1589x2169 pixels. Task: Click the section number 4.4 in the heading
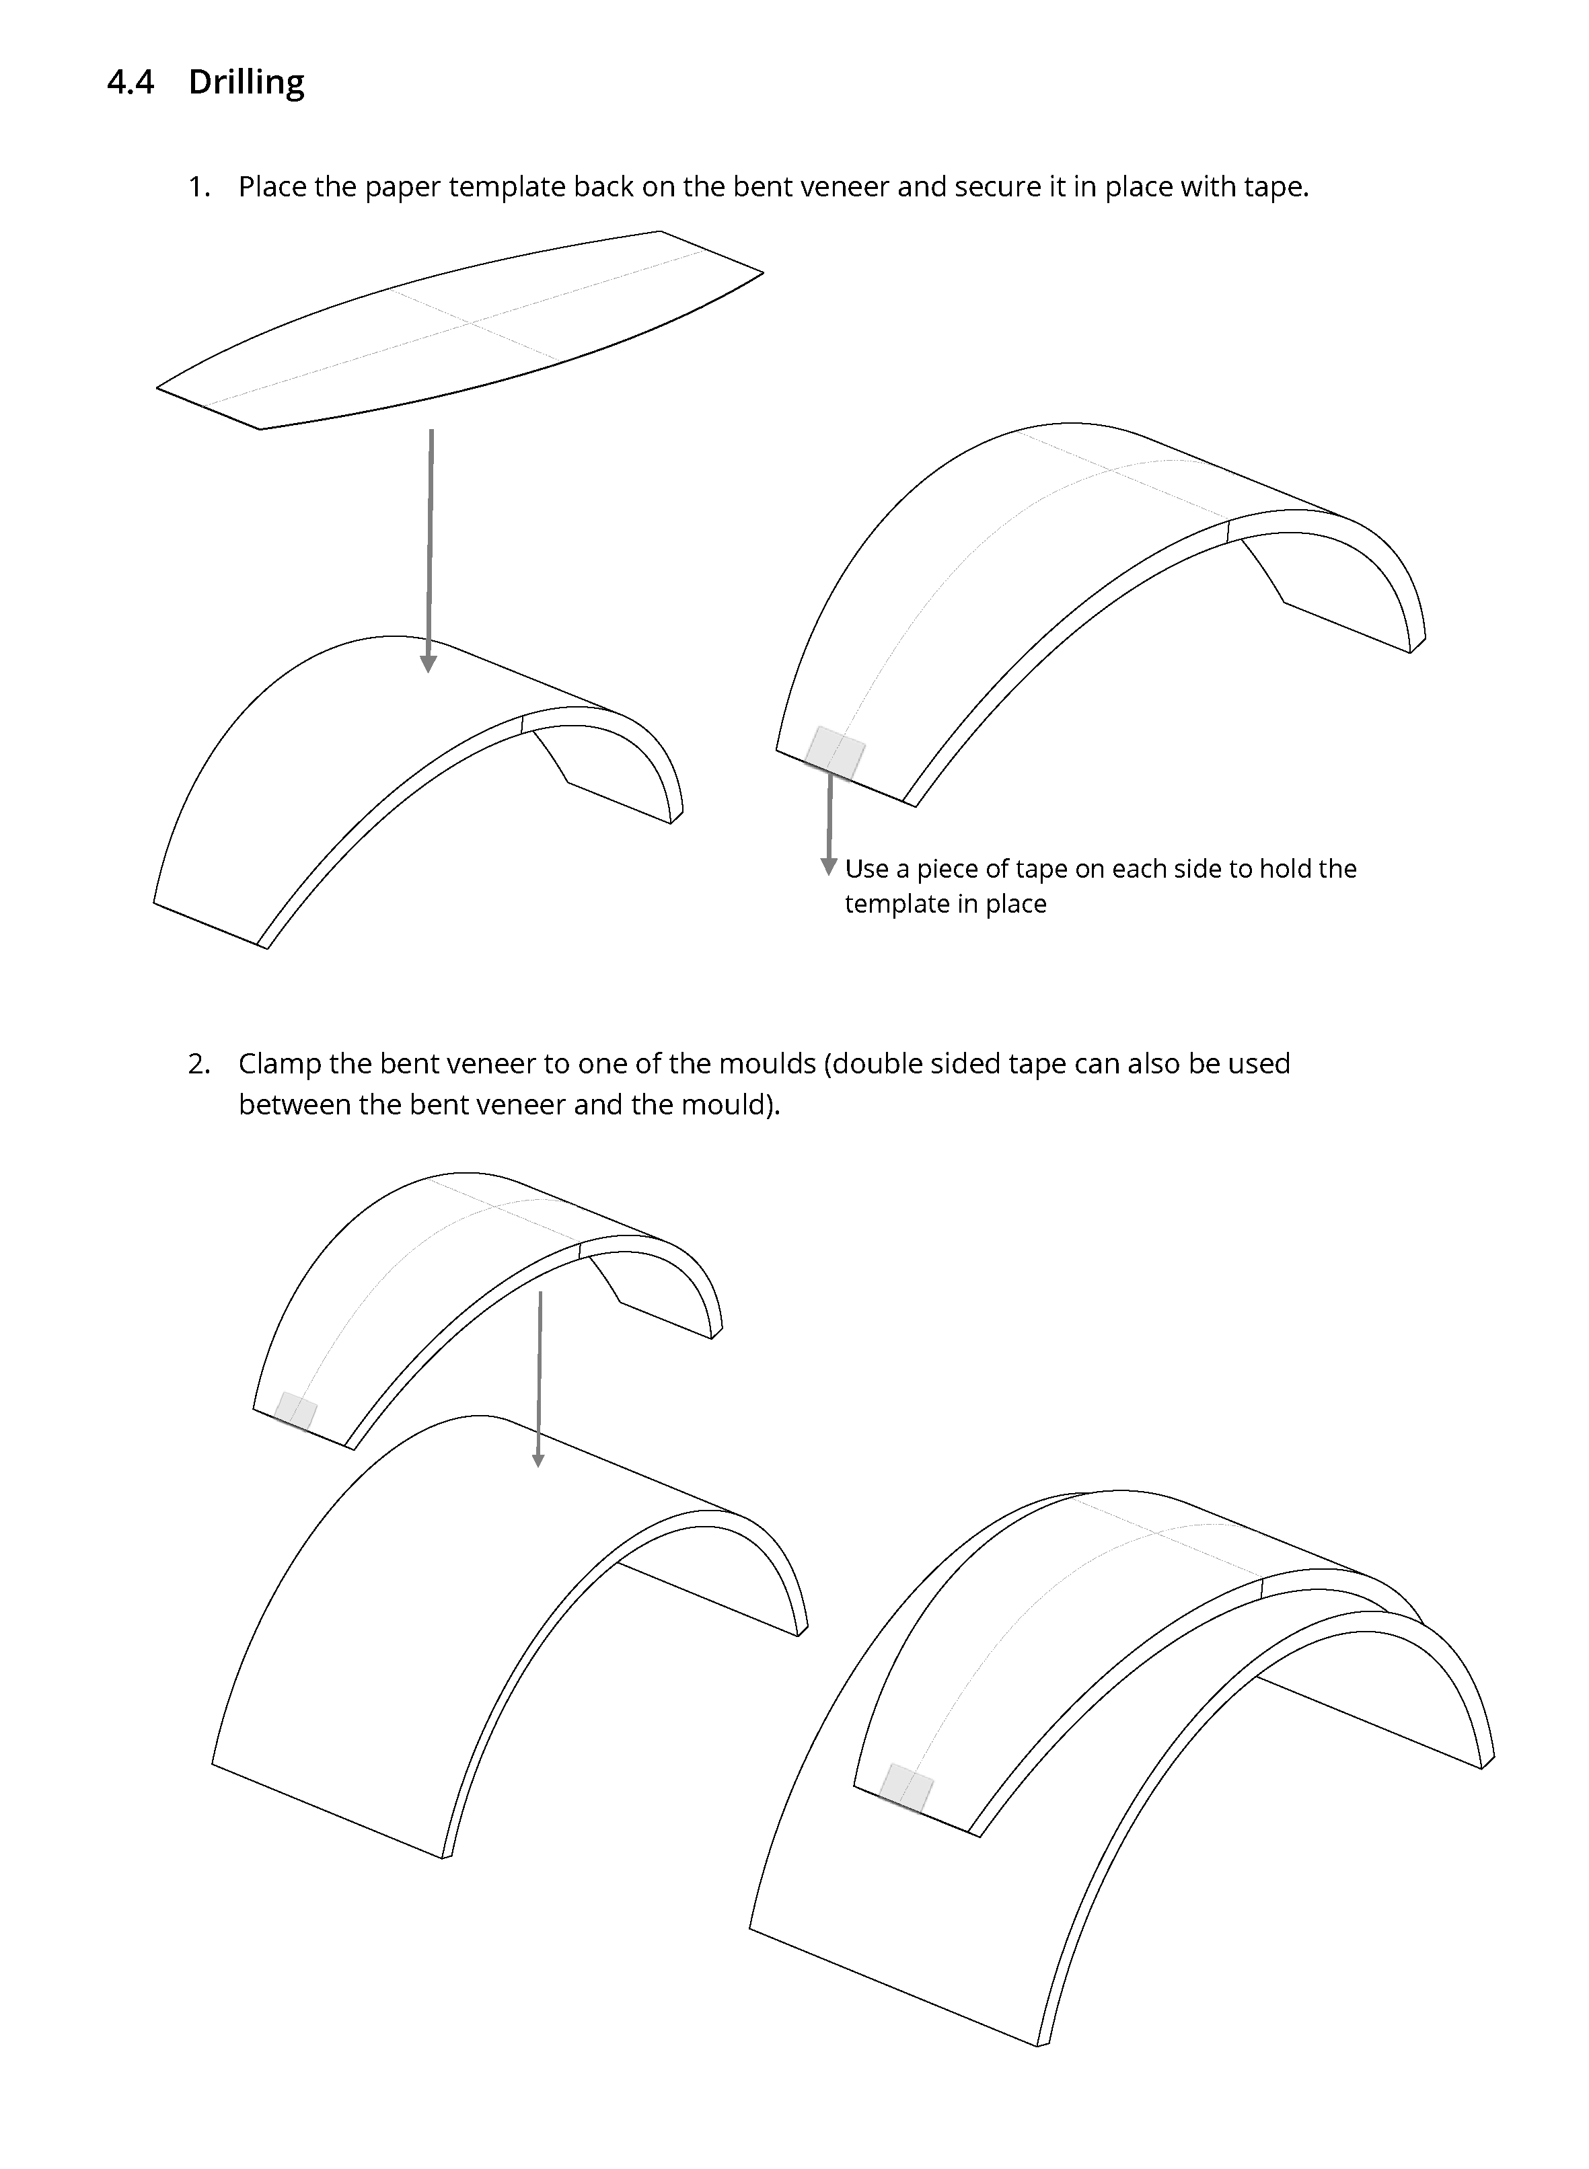pos(130,83)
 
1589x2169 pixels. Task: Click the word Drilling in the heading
pos(246,83)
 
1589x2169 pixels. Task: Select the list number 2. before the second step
pos(199,1063)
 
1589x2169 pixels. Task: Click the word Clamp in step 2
pos(279,1064)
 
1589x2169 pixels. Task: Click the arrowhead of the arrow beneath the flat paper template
pos(429,663)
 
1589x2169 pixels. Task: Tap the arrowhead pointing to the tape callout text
pos(828,866)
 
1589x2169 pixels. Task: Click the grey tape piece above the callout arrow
pos(835,752)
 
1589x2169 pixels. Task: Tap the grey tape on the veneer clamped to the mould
pos(907,1788)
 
